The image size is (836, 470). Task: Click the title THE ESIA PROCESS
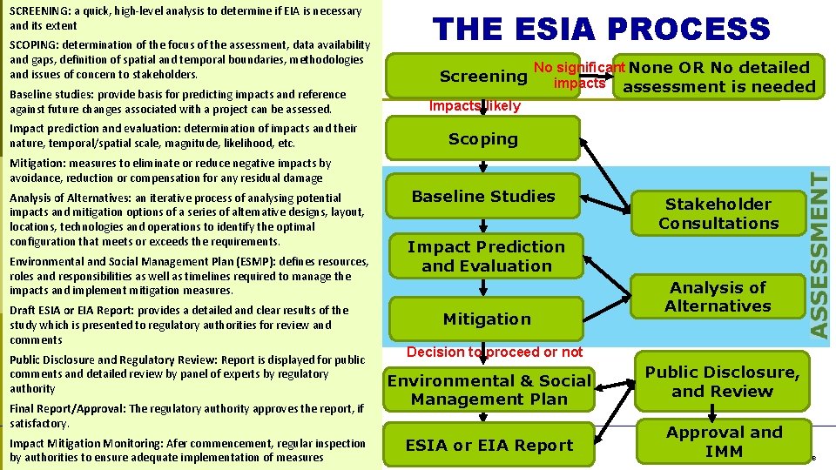(x=602, y=29)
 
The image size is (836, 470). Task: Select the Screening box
(x=483, y=77)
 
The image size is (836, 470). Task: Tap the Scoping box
(x=483, y=139)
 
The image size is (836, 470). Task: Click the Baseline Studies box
(x=483, y=197)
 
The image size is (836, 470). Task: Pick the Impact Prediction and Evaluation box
(x=486, y=257)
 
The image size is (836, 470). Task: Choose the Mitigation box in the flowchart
(x=486, y=319)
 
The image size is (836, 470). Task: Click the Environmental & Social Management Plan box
(x=489, y=390)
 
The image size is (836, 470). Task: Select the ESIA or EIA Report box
(x=489, y=446)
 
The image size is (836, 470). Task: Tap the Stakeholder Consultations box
(x=718, y=214)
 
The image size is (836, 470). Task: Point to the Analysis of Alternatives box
(x=718, y=297)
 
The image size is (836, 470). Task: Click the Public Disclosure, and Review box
(x=722, y=382)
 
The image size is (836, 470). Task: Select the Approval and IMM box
(x=724, y=441)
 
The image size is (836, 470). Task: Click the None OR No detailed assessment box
(x=719, y=77)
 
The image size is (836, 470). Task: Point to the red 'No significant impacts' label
(x=579, y=76)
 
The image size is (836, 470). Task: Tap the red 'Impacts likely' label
(x=475, y=106)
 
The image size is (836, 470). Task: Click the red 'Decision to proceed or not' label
(x=495, y=352)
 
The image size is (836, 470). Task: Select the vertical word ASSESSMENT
(x=819, y=254)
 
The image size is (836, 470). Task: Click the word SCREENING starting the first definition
(x=38, y=11)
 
